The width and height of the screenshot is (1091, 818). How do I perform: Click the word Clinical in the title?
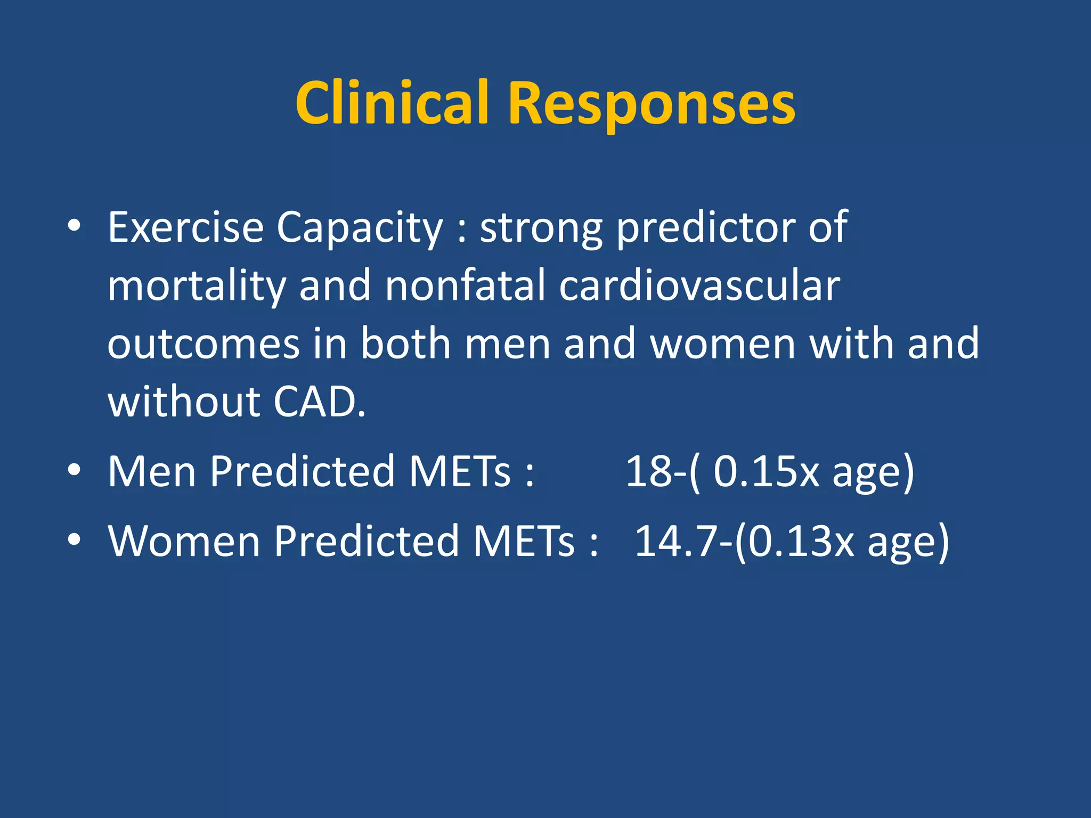pos(392,102)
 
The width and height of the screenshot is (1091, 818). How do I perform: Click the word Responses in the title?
pos(652,103)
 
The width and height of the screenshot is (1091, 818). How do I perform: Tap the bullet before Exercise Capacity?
pos(74,226)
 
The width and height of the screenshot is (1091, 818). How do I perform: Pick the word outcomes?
pos(203,344)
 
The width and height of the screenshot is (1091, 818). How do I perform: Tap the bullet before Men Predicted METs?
pos(74,470)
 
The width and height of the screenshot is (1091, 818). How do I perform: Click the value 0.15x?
pos(766,471)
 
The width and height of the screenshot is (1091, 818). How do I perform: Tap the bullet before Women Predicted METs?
pos(74,539)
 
